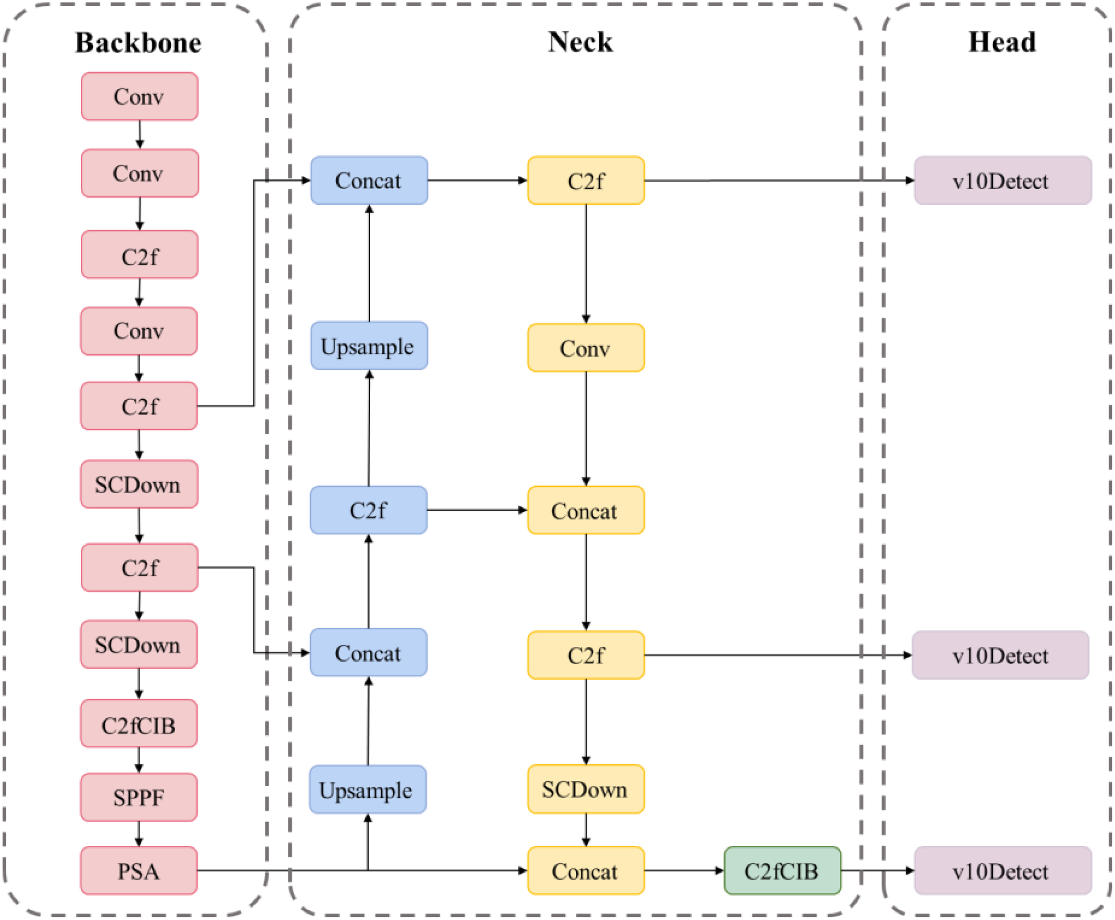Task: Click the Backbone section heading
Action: tap(138, 43)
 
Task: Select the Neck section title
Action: tap(580, 42)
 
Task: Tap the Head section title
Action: tap(1002, 42)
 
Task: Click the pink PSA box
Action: tap(139, 871)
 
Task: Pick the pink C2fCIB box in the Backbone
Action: tap(139, 725)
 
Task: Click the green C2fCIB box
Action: tap(782, 871)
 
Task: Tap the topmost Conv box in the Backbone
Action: tap(139, 96)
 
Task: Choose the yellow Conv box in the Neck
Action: tap(585, 348)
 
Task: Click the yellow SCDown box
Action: tap(585, 790)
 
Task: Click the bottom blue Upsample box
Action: tap(368, 790)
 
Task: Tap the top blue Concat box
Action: tap(369, 181)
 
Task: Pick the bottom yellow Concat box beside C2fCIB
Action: tap(585, 871)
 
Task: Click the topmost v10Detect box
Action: tap(1002, 181)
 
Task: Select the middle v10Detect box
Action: tap(1000, 655)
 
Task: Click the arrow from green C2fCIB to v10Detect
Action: tap(877, 871)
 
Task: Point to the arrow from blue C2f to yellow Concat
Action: tap(477, 510)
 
